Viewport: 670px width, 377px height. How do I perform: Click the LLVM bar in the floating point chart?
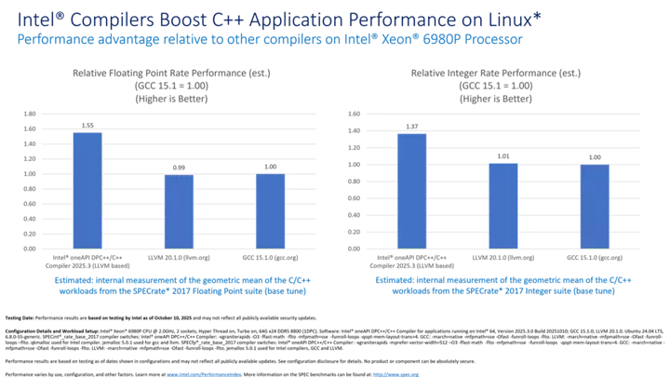(x=180, y=210)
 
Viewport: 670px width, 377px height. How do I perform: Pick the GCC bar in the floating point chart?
(x=270, y=210)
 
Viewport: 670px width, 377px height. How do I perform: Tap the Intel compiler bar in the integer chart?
(x=412, y=190)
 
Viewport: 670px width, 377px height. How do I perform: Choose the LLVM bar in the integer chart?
(x=502, y=205)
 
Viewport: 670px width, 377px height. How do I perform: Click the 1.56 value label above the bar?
(x=87, y=125)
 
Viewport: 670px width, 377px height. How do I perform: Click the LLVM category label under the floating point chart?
(x=180, y=255)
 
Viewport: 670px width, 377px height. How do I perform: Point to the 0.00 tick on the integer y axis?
(x=354, y=249)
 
